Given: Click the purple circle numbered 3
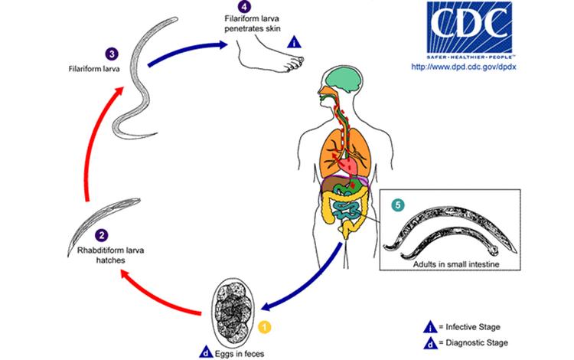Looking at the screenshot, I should (x=113, y=54).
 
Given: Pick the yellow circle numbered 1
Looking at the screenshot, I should (x=265, y=327).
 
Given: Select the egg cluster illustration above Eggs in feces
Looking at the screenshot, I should (x=234, y=313).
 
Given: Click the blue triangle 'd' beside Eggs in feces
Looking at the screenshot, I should (x=207, y=353).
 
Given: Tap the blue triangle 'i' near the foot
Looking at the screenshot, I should (x=294, y=43).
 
